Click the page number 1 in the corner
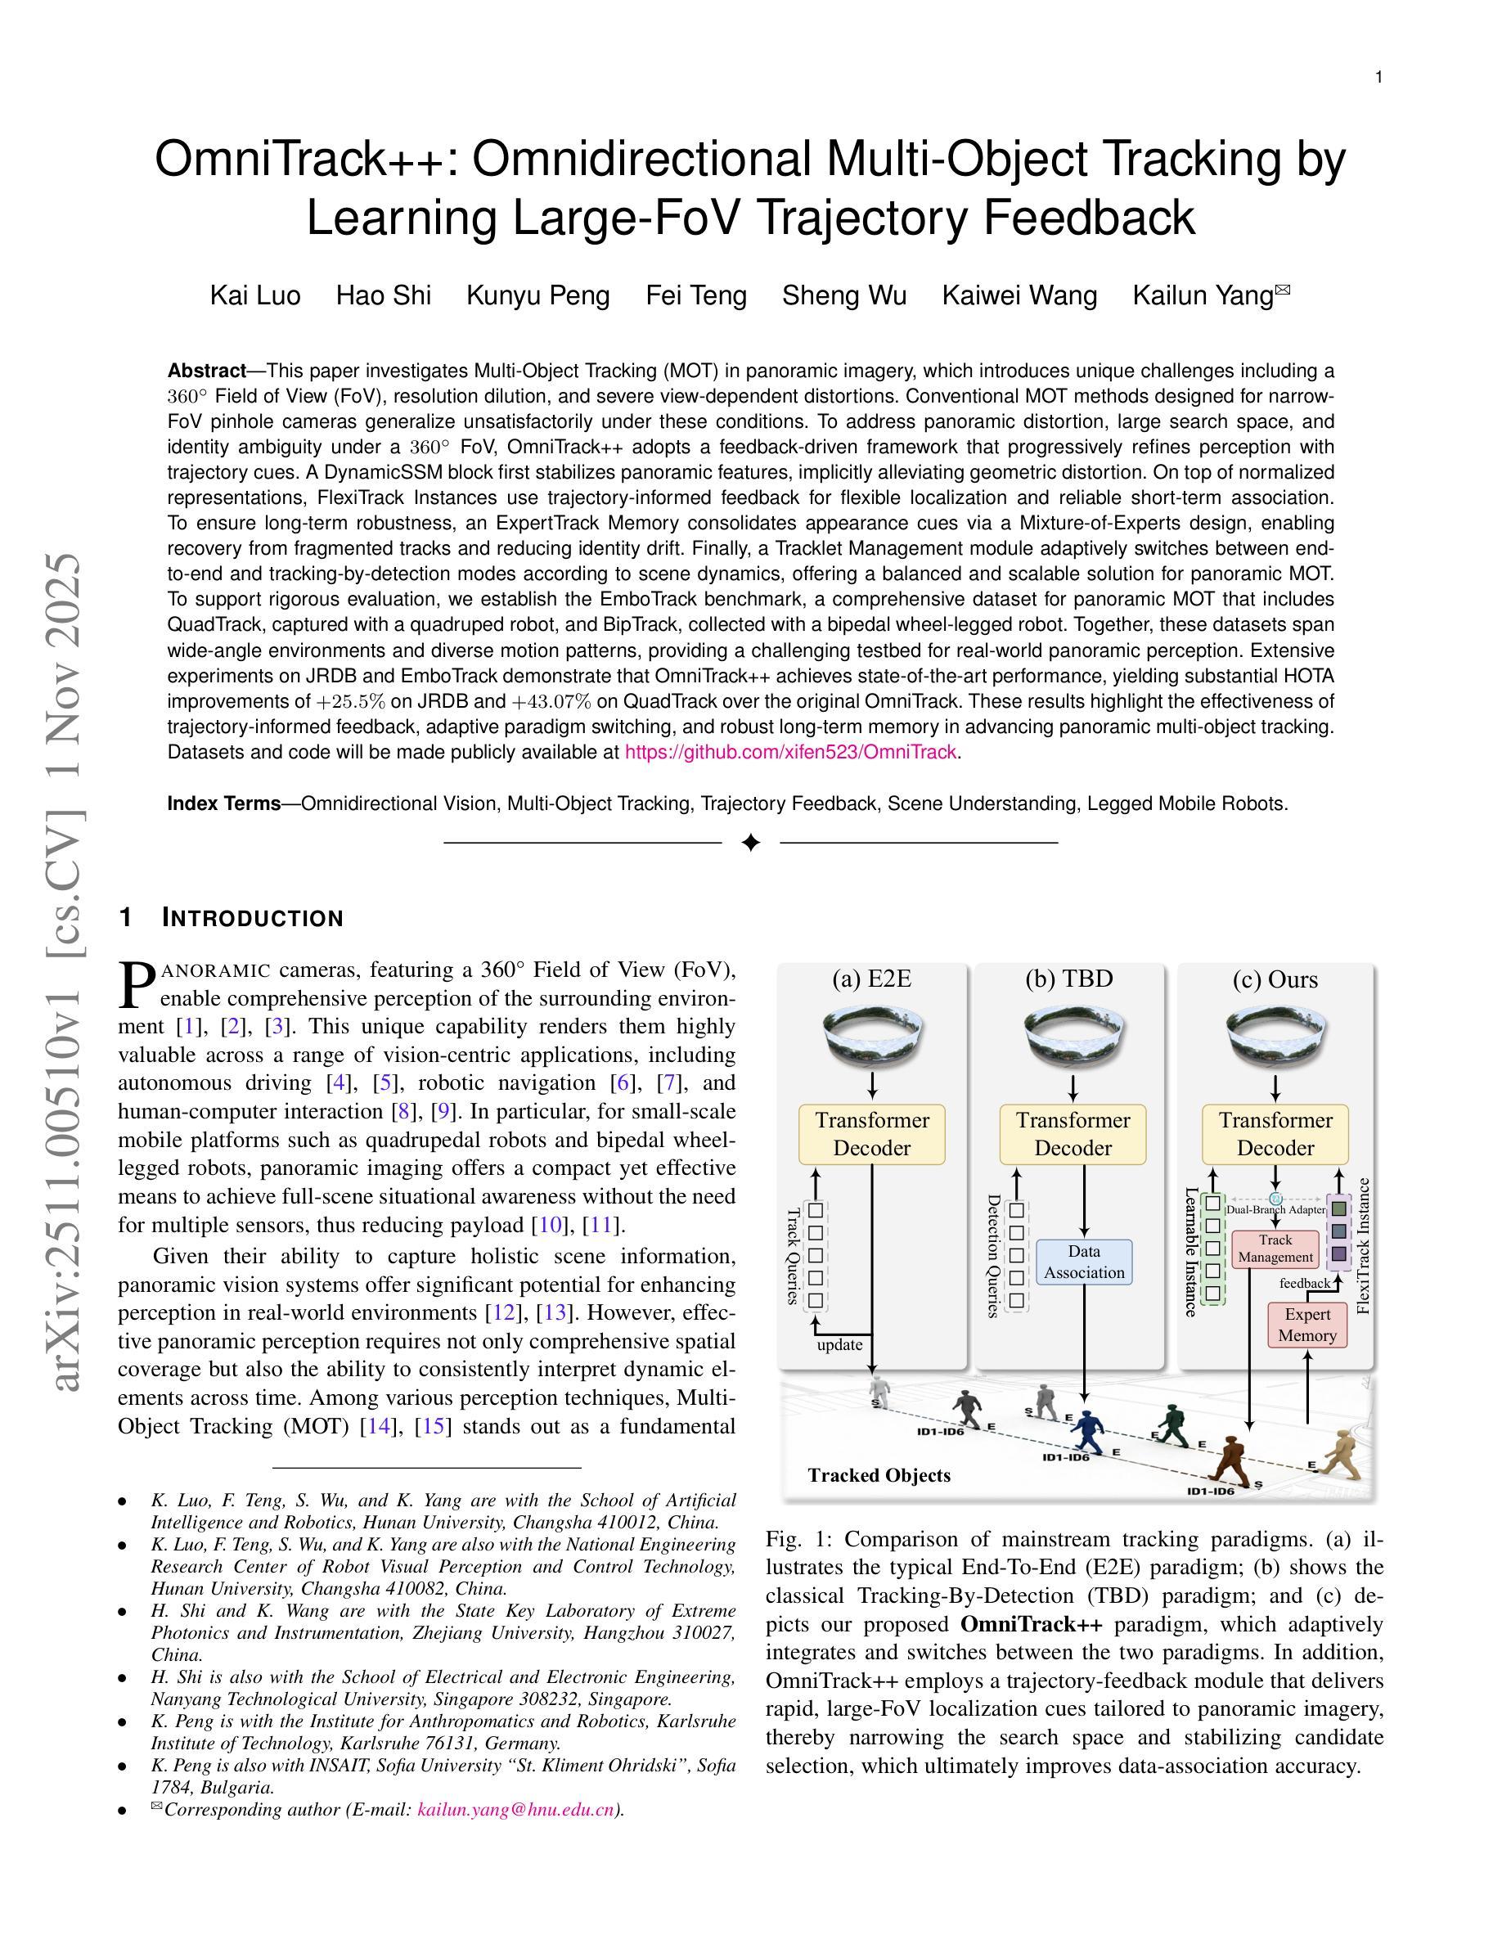1378,78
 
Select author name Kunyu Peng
537,295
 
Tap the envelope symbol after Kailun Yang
1282,290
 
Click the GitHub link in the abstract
790,752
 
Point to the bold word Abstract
206,371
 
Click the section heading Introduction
253,919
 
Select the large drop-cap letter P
137,985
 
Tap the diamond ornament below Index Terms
750,842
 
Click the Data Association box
1084,1262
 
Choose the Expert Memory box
1307,1325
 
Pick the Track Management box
1275,1249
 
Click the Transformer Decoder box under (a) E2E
872,1134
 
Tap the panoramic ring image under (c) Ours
1275,1036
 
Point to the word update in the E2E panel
839,1345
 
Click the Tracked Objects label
879,1476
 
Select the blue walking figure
1086,1431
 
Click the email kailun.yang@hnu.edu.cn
515,1810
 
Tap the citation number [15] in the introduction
434,1426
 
